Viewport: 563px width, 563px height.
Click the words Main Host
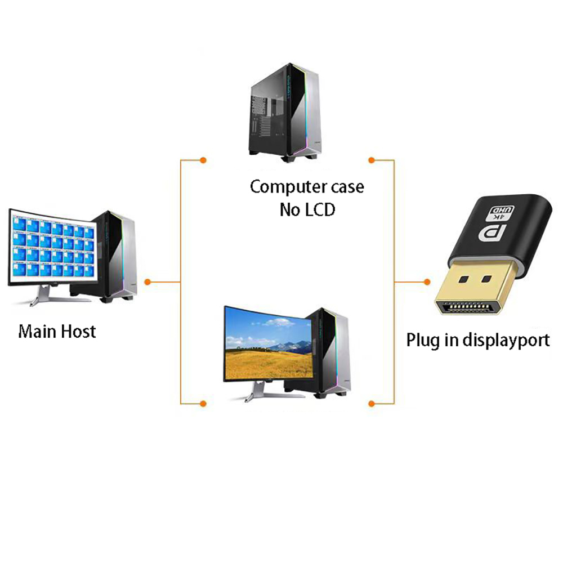click(x=57, y=331)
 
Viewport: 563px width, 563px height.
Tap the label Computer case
click(x=307, y=186)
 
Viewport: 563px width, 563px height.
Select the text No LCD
click(x=307, y=210)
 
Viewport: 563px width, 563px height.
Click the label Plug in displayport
click(x=478, y=340)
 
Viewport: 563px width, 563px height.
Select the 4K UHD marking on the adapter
click(x=501, y=212)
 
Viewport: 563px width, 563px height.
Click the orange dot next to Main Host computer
click(x=148, y=281)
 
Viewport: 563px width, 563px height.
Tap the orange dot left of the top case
click(x=203, y=160)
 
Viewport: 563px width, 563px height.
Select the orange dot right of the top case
click(x=371, y=160)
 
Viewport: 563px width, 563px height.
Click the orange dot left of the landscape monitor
click(x=203, y=403)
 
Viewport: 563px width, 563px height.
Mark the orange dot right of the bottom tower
click(x=371, y=403)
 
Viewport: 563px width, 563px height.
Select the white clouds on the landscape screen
click(x=279, y=324)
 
